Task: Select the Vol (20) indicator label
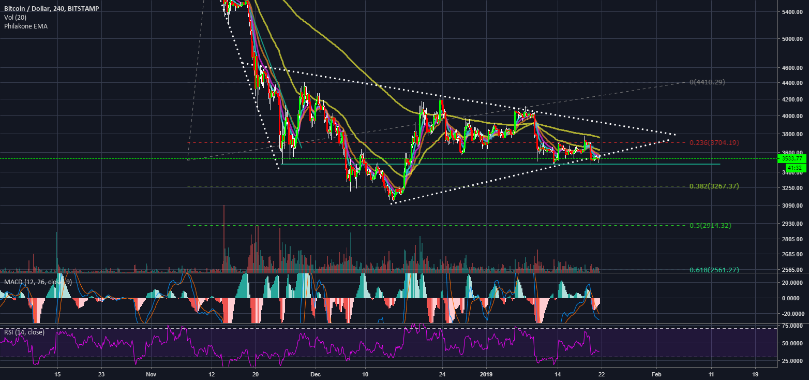point(14,17)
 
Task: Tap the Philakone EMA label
point(26,26)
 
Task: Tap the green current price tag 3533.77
point(792,158)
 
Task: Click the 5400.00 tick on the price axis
point(793,12)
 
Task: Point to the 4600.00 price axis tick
point(793,68)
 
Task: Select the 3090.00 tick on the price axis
point(793,206)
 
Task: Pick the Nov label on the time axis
point(151,374)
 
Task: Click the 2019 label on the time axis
point(487,374)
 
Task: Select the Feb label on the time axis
point(656,374)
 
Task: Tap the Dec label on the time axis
point(316,374)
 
